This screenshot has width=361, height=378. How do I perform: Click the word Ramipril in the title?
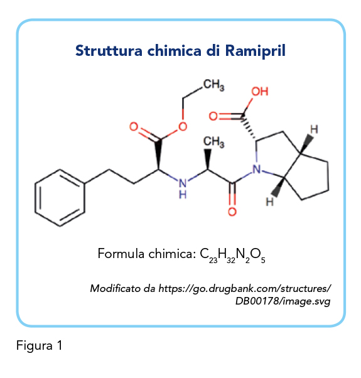tap(255, 51)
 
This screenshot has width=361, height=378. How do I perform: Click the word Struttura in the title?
tap(109, 51)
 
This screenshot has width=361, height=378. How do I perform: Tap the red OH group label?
tap(260, 92)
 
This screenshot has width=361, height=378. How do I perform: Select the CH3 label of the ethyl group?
tap(213, 85)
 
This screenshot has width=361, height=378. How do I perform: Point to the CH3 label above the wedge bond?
tap(213, 141)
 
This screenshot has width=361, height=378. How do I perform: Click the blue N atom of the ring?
tap(257, 169)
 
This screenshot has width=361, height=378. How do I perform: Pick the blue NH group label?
tap(183, 188)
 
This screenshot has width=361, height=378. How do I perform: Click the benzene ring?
tap(60, 198)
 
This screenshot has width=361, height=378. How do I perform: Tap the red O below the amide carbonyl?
tap(232, 212)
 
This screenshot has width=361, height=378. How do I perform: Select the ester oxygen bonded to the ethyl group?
tap(183, 126)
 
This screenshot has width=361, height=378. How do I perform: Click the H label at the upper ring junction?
tap(314, 129)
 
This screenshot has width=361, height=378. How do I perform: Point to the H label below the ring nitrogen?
tap(270, 202)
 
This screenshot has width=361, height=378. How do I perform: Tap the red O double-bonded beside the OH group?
tap(213, 116)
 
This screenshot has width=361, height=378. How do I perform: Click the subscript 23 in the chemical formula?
tap(213, 261)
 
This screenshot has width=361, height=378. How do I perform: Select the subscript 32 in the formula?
tap(231, 261)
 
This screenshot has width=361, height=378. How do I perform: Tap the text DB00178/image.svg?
tap(283, 301)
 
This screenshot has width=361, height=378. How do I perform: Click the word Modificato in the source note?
tap(115, 288)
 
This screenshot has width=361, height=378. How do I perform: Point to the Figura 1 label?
tap(40, 345)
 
